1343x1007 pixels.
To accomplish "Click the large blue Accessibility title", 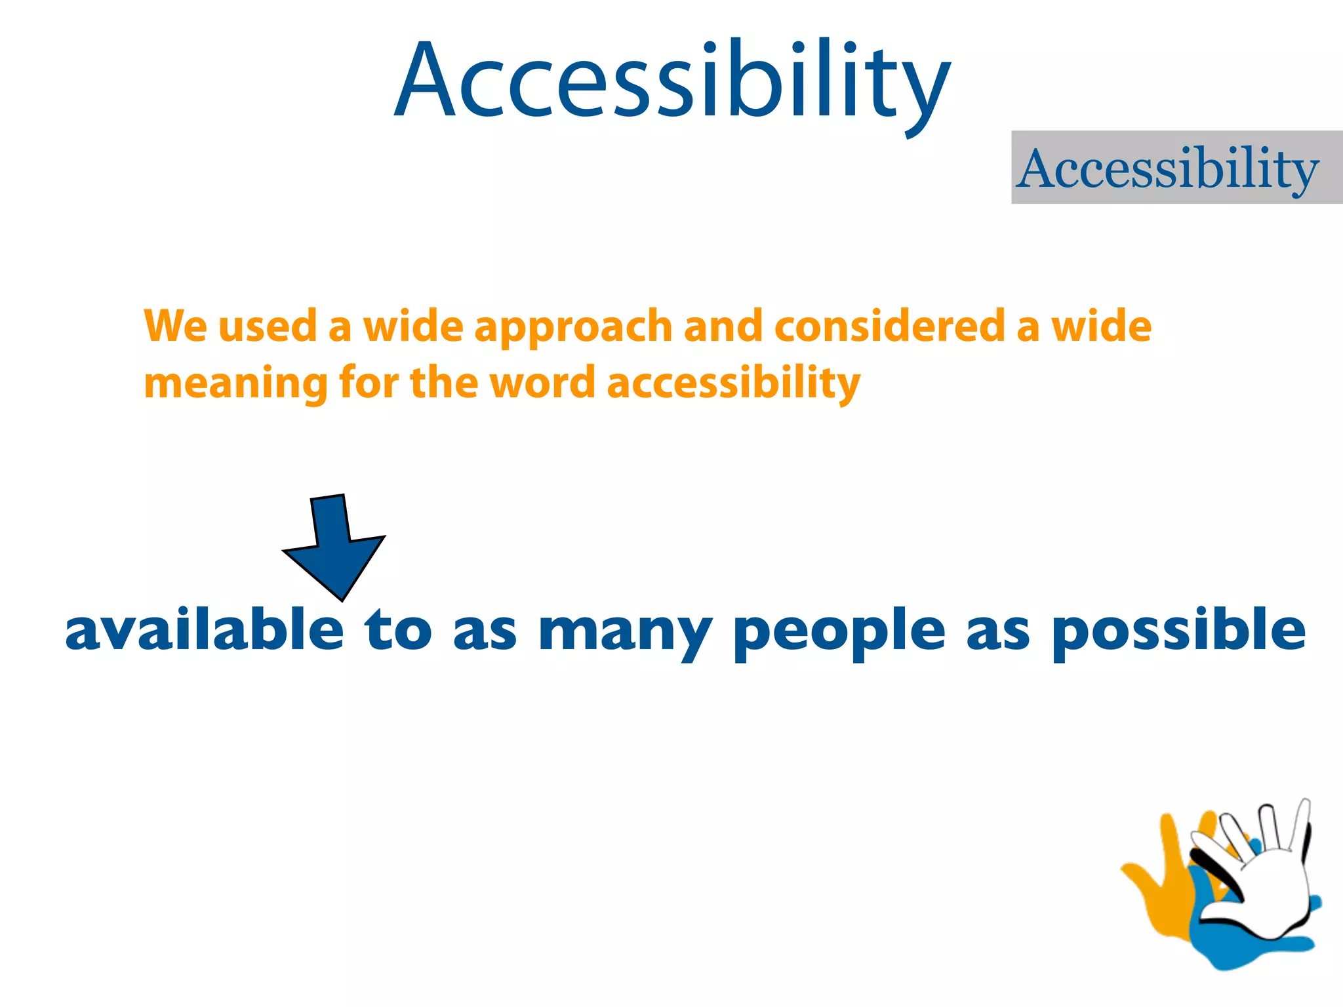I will [672, 82].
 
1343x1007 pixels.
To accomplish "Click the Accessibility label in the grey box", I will [1168, 169].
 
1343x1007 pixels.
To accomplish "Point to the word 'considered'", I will [890, 326].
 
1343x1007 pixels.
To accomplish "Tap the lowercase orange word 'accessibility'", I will [733, 383].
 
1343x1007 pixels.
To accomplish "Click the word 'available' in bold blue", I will [205, 630].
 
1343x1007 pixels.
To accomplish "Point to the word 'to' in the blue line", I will [397, 630].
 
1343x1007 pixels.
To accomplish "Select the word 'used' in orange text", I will [268, 326].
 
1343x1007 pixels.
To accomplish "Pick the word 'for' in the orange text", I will [369, 383].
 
